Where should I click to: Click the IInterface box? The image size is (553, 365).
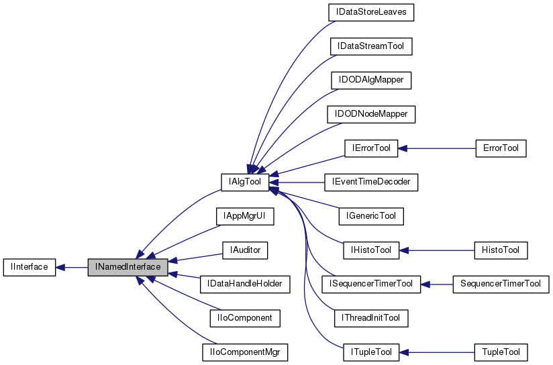click(x=29, y=267)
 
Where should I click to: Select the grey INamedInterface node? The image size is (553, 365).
click(x=128, y=267)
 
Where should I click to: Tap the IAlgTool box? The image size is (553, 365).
click(x=245, y=182)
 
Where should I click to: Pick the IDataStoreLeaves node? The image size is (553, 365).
click(x=370, y=12)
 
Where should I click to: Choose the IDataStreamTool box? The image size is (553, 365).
click(x=370, y=46)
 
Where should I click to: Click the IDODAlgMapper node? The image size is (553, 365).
click(x=370, y=80)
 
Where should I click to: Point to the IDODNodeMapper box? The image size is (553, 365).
click(x=370, y=114)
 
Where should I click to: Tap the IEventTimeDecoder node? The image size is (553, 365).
click(x=370, y=182)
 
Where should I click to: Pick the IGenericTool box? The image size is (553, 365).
click(x=370, y=216)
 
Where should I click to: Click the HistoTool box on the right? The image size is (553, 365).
click(x=500, y=250)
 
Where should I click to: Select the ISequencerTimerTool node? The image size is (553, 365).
click(x=370, y=284)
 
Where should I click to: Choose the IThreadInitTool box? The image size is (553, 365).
click(x=370, y=317)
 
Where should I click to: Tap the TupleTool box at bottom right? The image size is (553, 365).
click(x=500, y=352)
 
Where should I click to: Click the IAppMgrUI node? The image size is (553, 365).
click(x=245, y=216)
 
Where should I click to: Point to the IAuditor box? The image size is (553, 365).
click(x=245, y=250)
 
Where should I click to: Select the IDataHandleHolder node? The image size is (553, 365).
click(x=245, y=284)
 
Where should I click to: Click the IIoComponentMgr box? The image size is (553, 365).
click(x=245, y=317)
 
